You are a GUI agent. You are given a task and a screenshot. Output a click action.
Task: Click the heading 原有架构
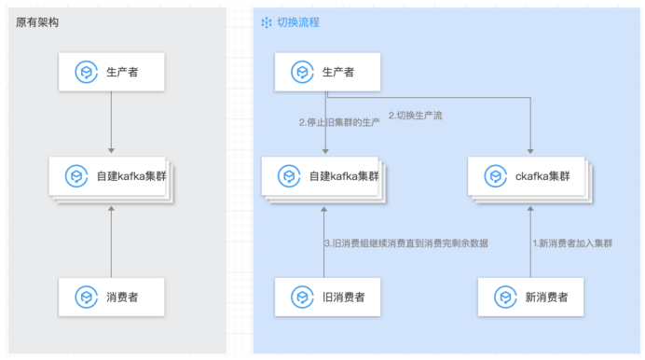tap(39, 21)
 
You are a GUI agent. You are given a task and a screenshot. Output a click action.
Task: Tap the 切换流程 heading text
tap(298, 21)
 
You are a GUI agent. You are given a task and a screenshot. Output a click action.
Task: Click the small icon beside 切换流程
tap(267, 21)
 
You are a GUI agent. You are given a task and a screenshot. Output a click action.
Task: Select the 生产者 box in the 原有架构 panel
tap(111, 72)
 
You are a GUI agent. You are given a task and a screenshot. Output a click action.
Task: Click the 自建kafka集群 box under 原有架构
tap(111, 175)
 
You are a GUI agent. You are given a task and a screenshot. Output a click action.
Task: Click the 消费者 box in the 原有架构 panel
tap(111, 298)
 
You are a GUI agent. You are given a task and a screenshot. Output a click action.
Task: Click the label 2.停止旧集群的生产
tap(338, 122)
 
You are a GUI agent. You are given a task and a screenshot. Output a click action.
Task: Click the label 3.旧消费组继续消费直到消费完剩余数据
tap(405, 243)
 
